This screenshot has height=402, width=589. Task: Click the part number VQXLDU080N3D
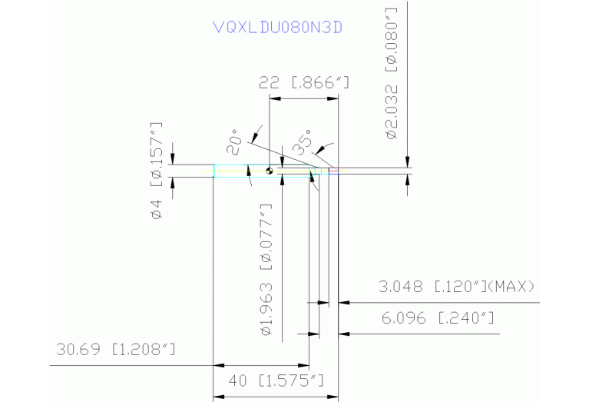pos(277,28)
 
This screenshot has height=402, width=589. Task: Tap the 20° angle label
pos(237,138)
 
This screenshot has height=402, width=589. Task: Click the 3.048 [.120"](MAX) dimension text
pos(456,287)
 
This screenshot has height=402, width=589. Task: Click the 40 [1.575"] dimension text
pos(276,380)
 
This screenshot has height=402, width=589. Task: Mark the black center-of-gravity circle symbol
pos(270,171)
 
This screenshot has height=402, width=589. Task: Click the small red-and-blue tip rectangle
pos(334,171)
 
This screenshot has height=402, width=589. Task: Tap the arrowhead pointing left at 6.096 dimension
pos(343,334)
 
